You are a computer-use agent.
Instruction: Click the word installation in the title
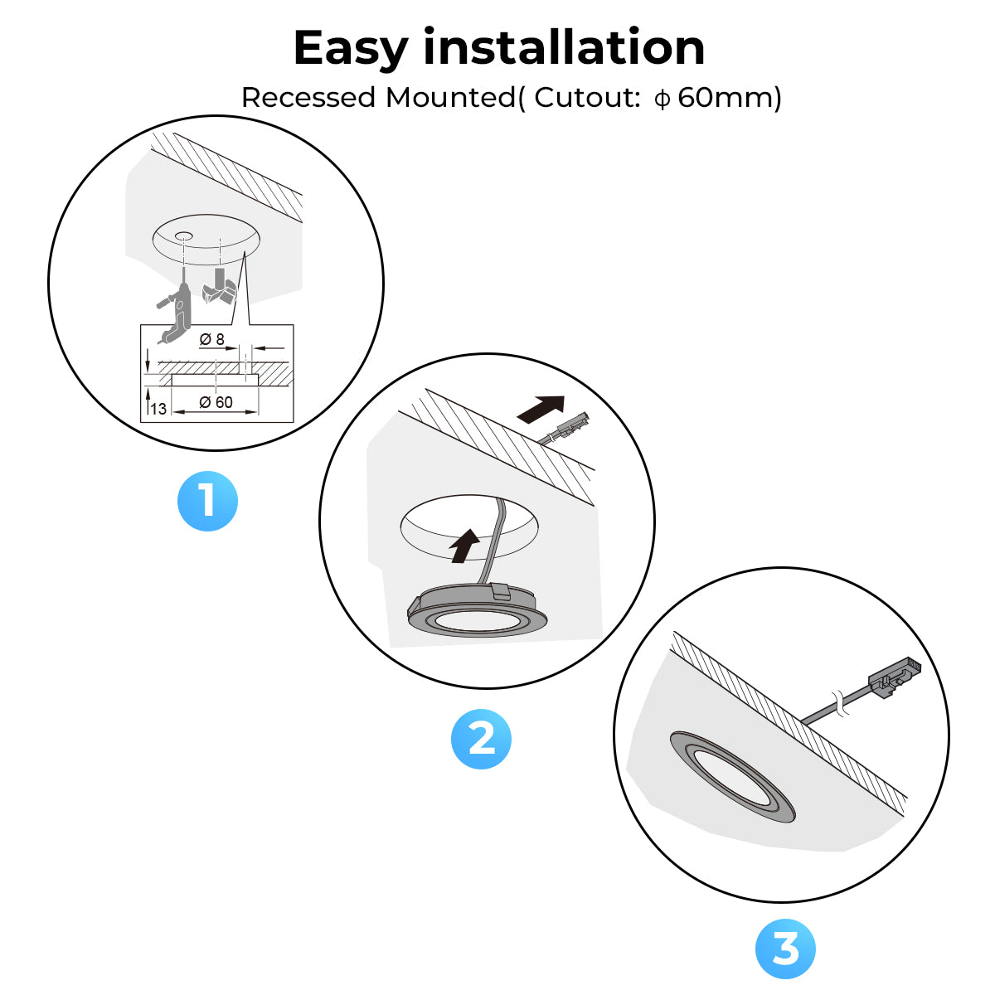[564, 47]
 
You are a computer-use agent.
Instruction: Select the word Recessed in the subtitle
[308, 98]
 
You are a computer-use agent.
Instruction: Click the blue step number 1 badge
[207, 501]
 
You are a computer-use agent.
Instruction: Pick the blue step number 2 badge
[481, 739]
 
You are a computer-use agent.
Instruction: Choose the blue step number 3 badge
[785, 948]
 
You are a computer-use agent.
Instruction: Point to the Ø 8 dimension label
[212, 339]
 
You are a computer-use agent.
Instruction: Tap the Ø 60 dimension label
[216, 402]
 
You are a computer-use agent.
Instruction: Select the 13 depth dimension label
[158, 409]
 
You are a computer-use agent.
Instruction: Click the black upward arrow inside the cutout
[464, 546]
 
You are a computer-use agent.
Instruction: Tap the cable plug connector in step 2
[573, 425]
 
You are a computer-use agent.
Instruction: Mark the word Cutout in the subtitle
[585, 98]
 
